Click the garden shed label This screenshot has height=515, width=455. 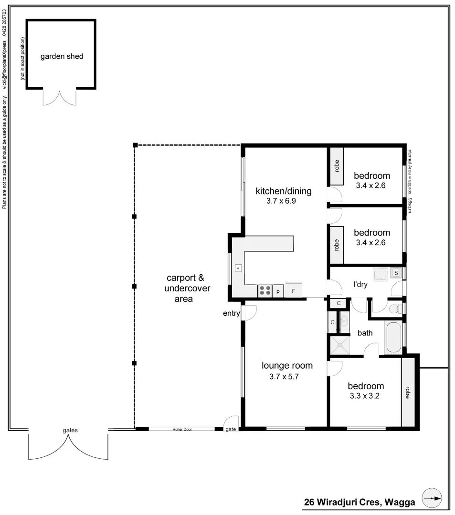click(62, 56)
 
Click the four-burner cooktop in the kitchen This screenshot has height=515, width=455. click(265, 290)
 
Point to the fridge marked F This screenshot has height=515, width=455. click(294, 291)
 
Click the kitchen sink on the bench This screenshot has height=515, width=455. click(237, 268)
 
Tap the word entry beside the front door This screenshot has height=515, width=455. click(231, 313)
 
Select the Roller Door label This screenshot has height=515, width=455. click(182, 429)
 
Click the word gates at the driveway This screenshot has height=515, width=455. click(70, 430)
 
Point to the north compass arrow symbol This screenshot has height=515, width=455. click(433, 498)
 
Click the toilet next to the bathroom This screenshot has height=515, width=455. click(394, 309)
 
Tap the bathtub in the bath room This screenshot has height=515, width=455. click(393, 338)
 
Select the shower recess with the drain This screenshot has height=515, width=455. click(341, 345)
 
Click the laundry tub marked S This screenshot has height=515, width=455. click(396, 273)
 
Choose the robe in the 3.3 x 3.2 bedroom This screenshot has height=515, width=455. click(408, 392)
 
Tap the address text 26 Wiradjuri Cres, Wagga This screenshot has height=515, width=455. click(360, 502)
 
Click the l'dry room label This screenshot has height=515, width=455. click(360, 285)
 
